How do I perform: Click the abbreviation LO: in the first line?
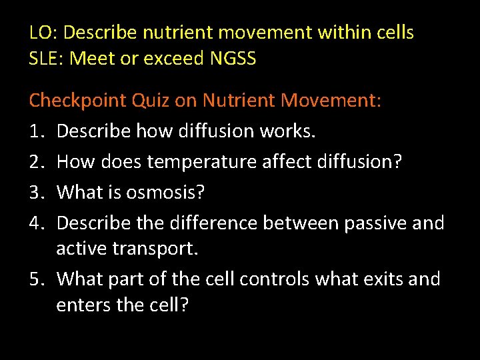[x=43, y=32]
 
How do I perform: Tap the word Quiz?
[x=151, y=100]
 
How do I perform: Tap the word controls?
[x=274, y=279]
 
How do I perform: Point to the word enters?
[x=83, y=305]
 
